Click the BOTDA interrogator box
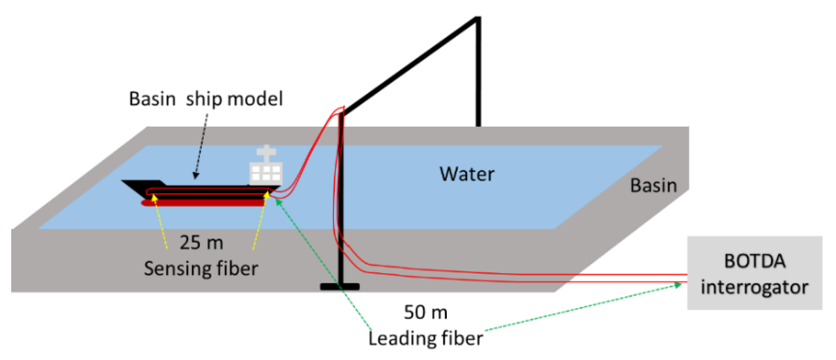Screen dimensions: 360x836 click(x=754, y=273)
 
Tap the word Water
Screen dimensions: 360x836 click(x=467, y=174)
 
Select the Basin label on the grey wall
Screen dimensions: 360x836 click(x=653, y=185)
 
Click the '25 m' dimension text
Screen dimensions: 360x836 click(x=201, y=242)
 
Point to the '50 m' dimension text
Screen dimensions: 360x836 click(x=426, y=312)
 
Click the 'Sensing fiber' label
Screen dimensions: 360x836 click(x=201, y=269)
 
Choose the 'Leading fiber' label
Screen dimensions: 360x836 click(x=426, y=338)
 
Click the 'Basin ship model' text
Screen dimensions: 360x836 click(x=206, y=99)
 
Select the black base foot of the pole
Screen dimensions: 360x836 click(x=340, y=287)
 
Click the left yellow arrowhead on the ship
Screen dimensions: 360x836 click(x=154, y=197)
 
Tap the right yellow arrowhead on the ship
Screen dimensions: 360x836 click(x=267, y=195)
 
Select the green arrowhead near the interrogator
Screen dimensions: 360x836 click(x=678, y=285)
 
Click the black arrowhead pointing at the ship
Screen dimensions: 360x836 click(x=196, y=176)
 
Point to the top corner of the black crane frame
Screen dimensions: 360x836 click(x=478, y=19)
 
